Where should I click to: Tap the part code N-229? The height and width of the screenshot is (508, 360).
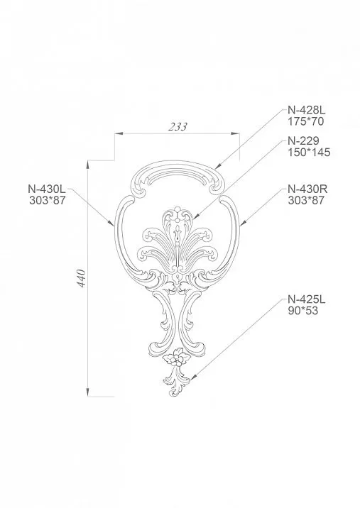[302, 140]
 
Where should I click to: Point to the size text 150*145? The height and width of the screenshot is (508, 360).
[310, 152]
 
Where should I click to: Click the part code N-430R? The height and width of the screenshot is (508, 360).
[306, 189]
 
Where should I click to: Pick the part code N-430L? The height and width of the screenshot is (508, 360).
[46, 189]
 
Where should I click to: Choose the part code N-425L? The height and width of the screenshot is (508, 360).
[305, 299]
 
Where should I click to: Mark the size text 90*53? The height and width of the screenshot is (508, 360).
[301, 310]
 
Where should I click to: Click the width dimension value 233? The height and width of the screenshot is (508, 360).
[178, 127]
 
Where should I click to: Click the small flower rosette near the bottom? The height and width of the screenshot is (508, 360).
[175, 360]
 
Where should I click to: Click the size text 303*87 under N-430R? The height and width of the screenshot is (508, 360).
[306, 201]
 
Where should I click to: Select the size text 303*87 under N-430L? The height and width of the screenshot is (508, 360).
[46, 201]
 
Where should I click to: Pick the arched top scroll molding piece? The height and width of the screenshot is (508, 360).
[178, 174]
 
